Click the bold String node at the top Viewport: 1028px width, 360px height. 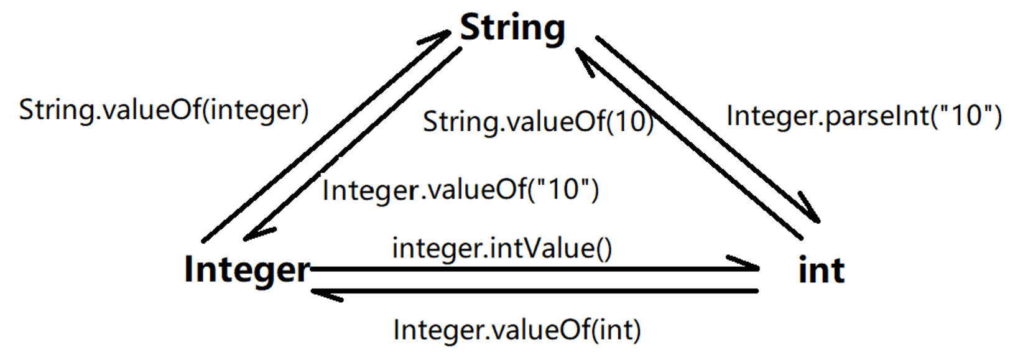coord(512,28)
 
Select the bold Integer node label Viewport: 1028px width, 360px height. coord(247,269)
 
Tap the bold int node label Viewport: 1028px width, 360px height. coord(821,270)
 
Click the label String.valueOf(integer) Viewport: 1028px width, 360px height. coord(164,110)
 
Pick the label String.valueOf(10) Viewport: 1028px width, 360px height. coord(538,121)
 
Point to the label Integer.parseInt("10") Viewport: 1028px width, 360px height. coord(864,116)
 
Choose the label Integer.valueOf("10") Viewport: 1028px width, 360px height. coord(460,190)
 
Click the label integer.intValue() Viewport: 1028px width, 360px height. coord(502,248)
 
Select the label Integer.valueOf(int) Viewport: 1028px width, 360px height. coord(517,330)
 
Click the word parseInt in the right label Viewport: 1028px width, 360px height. coord(878,116)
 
